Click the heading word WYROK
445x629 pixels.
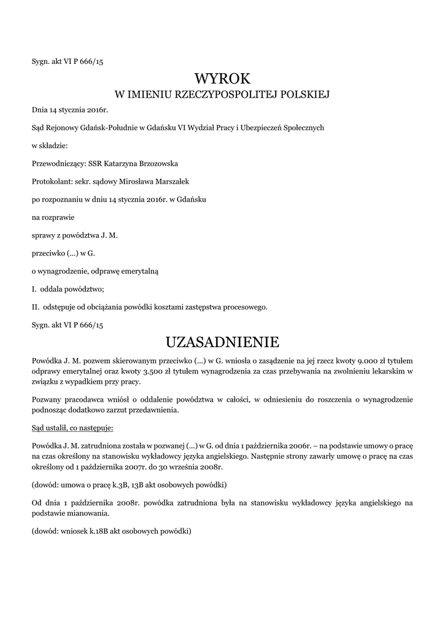[223, 79]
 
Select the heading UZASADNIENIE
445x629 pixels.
[222, 341]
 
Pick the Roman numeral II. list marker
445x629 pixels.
[36, 307]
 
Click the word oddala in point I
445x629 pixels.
[53, 289]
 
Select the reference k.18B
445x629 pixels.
[103, 531]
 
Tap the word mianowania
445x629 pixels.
[87, 514]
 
